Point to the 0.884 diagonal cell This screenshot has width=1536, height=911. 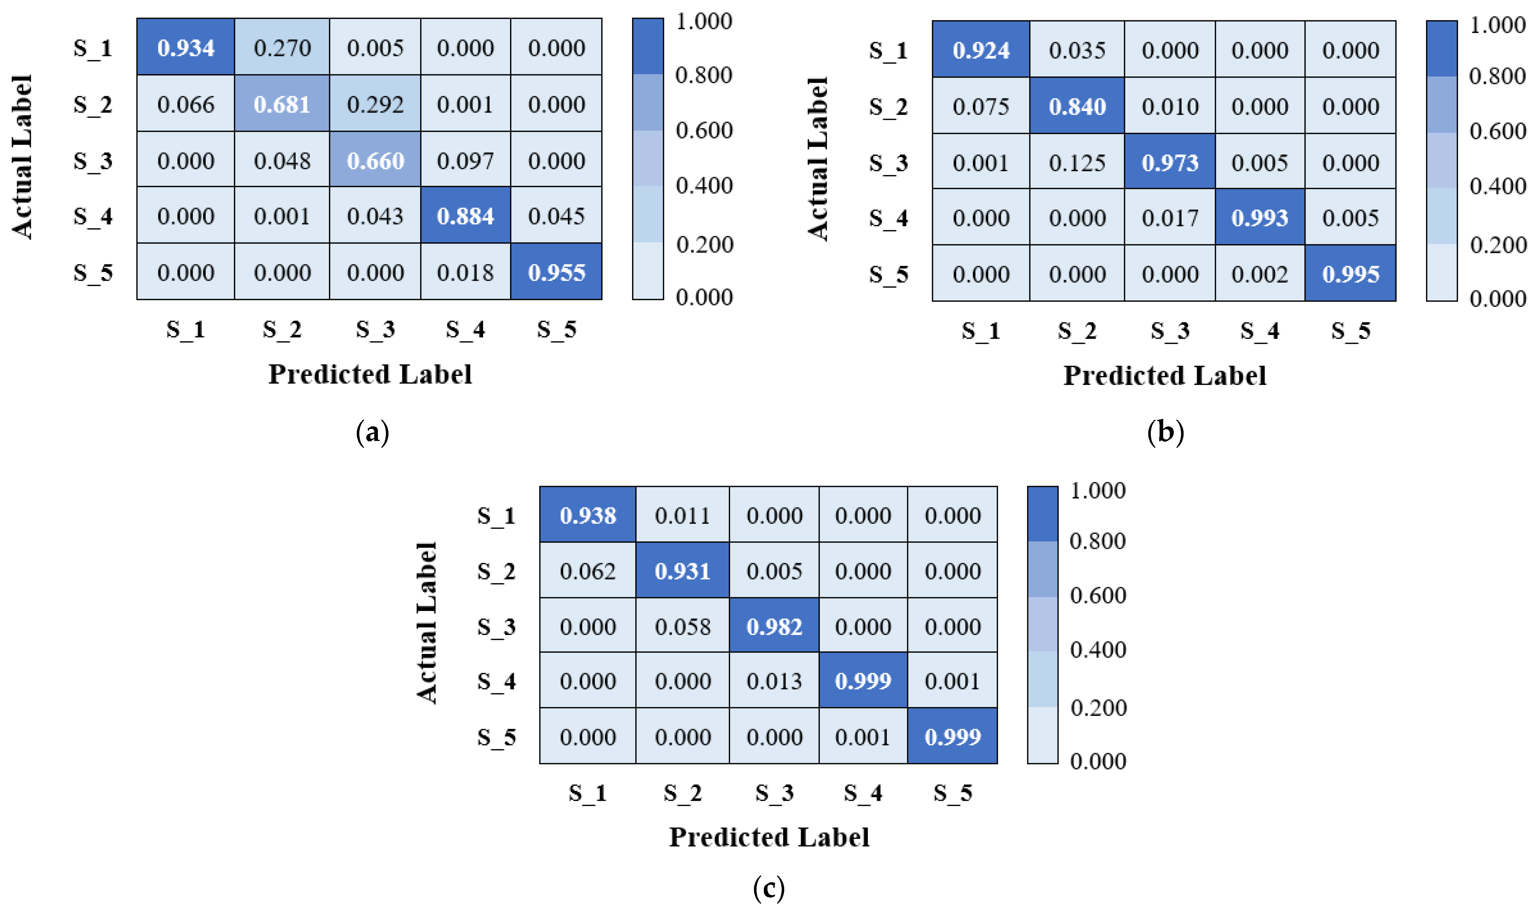pyautogui.click(x=465, y=216)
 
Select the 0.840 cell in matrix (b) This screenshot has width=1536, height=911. pyautogui.click(x=1077, y=106)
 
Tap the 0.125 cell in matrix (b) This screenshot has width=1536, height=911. pyautogui.click(x=1077, y=163)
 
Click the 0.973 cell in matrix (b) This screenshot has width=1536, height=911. pyautogui.click(x=1170, y=163)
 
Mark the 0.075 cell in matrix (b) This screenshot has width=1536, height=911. pyautogui.click(x=981, y=106)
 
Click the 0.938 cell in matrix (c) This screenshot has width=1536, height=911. pyautogui.click(x=587, y=515)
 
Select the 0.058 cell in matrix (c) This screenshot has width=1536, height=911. pyautogui.click(x=682, y=626)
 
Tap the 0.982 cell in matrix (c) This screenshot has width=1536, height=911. pyautogui.click(x=774, y=626)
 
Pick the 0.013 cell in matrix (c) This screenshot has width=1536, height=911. pyautogui.click(x=774, y=681)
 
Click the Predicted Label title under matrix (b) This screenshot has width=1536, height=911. pyautogui.click(x=1164, y=375)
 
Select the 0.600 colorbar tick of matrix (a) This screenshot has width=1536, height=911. pyautogui.click(x=704, y=130)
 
